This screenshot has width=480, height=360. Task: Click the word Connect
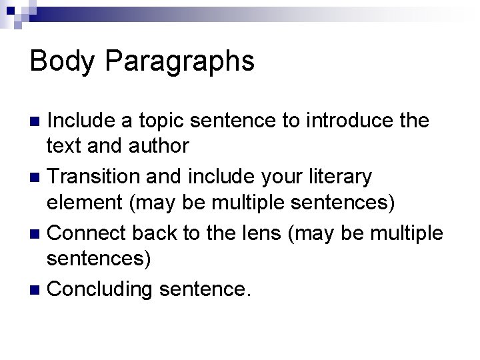(89, 233)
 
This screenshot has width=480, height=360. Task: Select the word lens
(254, 233)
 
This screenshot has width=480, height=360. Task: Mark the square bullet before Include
(36, 122)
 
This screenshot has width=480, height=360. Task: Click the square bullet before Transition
(36, 178)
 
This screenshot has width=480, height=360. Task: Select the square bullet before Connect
(36, 234)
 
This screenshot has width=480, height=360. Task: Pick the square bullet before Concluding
(36, 289)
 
